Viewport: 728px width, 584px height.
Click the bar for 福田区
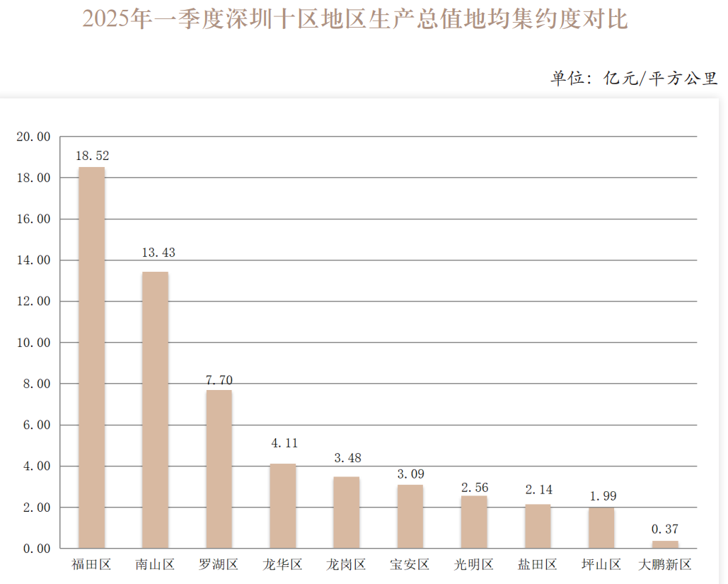(x=91, y=357)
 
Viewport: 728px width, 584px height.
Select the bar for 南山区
(x=155, y=410)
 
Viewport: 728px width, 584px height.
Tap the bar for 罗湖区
(x=219, y=469)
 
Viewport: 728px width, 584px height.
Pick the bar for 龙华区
(x=282, y=506)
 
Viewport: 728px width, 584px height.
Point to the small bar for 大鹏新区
(x=665, y=544)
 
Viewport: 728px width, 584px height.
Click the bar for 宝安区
(x=410, y=517)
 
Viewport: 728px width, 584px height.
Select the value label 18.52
(x=92, y=156)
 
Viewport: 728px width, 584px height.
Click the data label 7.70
(x=219, y=380)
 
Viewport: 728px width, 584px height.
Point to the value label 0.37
(x=665, y=529)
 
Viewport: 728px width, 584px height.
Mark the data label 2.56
(x=474, y=488)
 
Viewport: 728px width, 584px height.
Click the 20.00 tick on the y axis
(x=33, y=137)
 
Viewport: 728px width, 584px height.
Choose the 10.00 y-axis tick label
(x=33, y=343)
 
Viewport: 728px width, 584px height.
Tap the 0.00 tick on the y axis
(x=36, y=549)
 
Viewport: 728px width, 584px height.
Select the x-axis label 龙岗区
(x=346, y=565)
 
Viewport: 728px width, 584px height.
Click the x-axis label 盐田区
(x=538, y=565)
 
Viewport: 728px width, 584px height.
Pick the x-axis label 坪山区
(x=601, y=565)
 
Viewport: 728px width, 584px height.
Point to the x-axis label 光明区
(x=474, y=565)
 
